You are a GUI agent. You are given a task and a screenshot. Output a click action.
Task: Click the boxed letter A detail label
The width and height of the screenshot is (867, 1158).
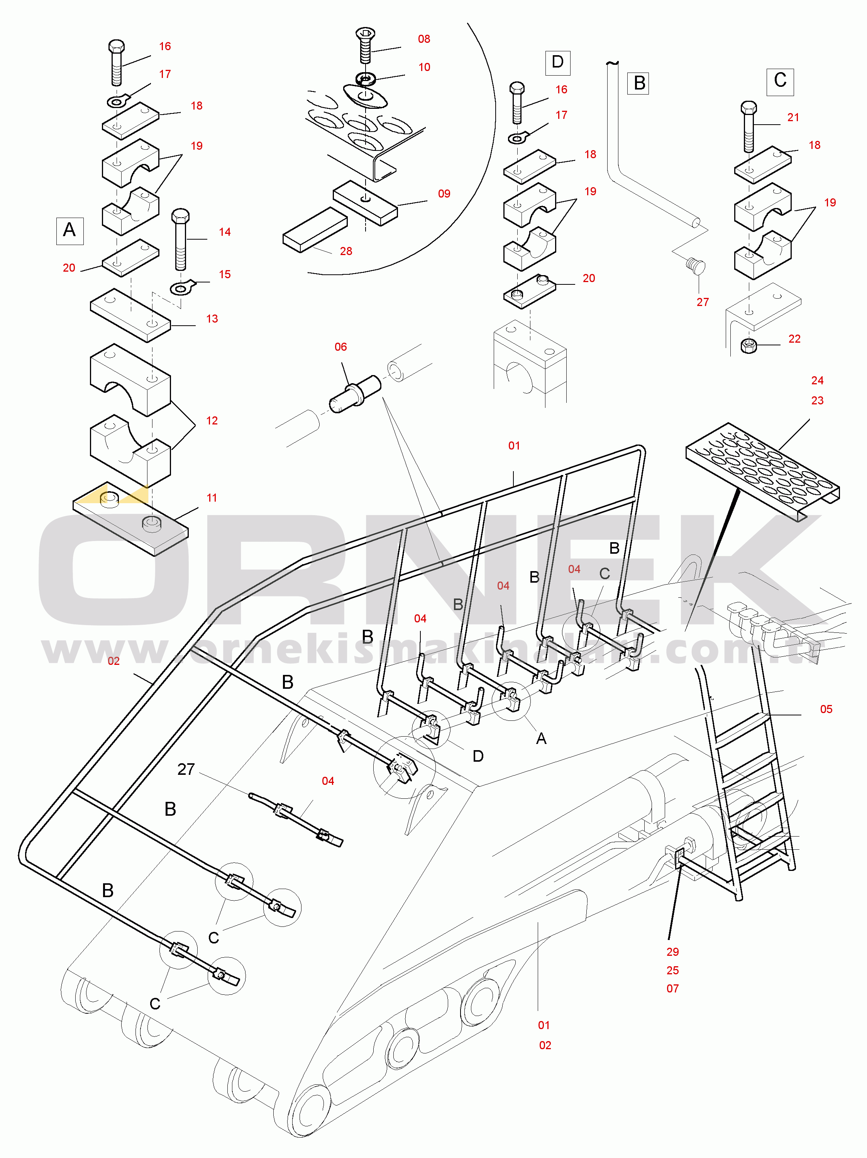69,230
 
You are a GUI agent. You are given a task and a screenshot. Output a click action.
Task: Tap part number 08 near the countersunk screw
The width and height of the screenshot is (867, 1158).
424,39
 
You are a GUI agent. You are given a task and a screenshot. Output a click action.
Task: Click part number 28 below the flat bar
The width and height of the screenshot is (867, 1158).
346,251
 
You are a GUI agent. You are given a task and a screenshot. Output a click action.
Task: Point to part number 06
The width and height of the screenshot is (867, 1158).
340,347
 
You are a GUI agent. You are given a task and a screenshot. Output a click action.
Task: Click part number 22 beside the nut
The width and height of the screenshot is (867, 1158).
794,339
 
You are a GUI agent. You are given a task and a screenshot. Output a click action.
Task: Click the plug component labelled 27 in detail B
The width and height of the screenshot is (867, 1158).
696,265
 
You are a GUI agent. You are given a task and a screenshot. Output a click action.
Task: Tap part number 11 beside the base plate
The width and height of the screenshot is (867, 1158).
212,498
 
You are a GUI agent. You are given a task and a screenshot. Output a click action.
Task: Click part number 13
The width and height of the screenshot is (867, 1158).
212,319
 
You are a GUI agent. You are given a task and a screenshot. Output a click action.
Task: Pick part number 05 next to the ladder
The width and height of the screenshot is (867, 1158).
826,709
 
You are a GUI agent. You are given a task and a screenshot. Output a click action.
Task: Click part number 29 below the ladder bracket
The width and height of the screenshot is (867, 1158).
673,952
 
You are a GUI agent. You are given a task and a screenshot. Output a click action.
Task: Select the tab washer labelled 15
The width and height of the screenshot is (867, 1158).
182,287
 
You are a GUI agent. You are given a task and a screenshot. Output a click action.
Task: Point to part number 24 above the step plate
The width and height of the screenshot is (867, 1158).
817,380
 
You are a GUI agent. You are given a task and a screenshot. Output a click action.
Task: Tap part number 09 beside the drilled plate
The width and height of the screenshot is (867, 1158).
444,194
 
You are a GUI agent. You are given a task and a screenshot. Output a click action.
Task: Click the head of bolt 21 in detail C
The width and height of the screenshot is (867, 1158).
748,108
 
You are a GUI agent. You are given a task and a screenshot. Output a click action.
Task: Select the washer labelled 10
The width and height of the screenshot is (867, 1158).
366,79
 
